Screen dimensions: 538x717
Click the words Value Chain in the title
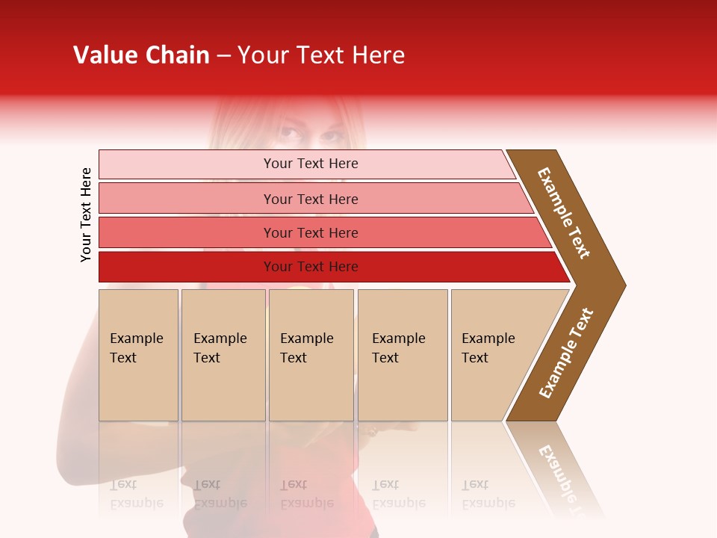141,55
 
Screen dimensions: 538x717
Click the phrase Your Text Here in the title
321,55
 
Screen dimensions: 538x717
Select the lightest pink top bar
187,164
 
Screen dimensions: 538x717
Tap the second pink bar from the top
187,199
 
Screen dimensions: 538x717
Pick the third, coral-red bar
187,232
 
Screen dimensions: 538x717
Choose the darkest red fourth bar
187,267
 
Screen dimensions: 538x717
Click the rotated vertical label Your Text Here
87,214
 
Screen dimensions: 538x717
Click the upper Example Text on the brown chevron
564,213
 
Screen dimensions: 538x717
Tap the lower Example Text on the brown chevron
566,353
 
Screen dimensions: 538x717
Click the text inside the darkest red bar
311,267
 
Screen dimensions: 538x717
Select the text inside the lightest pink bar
311,164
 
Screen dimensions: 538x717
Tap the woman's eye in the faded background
289,134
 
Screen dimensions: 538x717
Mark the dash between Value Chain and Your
223,56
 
